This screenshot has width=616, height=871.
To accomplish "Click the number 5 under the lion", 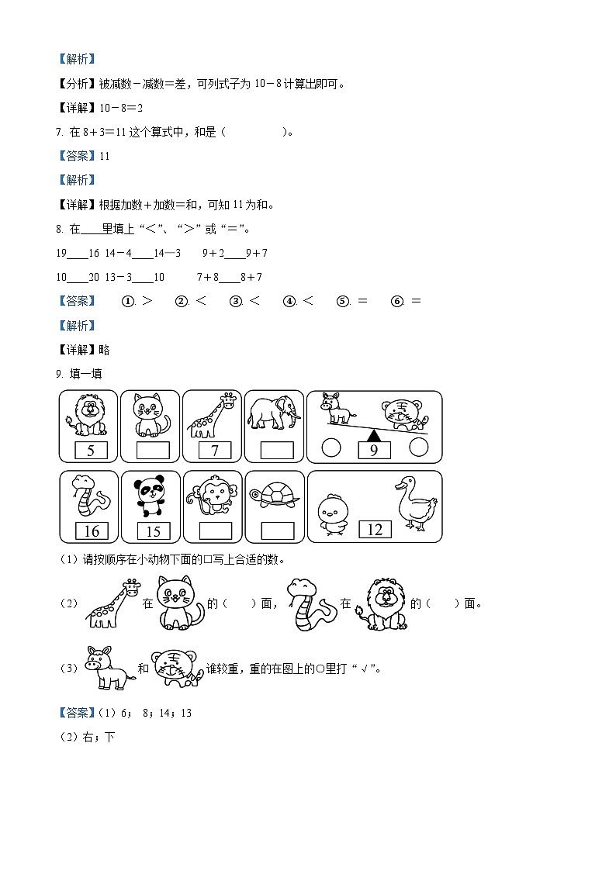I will (90, 451).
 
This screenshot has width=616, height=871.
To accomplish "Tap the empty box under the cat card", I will (152, 451).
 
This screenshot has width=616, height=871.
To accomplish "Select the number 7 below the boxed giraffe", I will (214, 451).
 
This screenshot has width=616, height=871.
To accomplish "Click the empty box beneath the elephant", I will (277, 451).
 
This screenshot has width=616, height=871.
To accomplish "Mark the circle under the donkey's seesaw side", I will (331, 448).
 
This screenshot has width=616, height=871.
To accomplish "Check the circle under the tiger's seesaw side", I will (419, 447).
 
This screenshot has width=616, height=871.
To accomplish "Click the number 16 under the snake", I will (91, 531).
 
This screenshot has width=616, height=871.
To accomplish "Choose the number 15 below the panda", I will (153, 531).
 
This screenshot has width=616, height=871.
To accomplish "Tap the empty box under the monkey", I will (215, 531).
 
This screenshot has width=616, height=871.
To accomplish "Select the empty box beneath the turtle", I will (277, 531).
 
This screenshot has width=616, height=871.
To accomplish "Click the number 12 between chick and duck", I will (375, 529).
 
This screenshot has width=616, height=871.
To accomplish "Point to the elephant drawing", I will (274, 413).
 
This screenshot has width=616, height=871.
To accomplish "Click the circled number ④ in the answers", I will (289, 302).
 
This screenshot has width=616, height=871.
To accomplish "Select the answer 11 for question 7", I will (105, 156).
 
